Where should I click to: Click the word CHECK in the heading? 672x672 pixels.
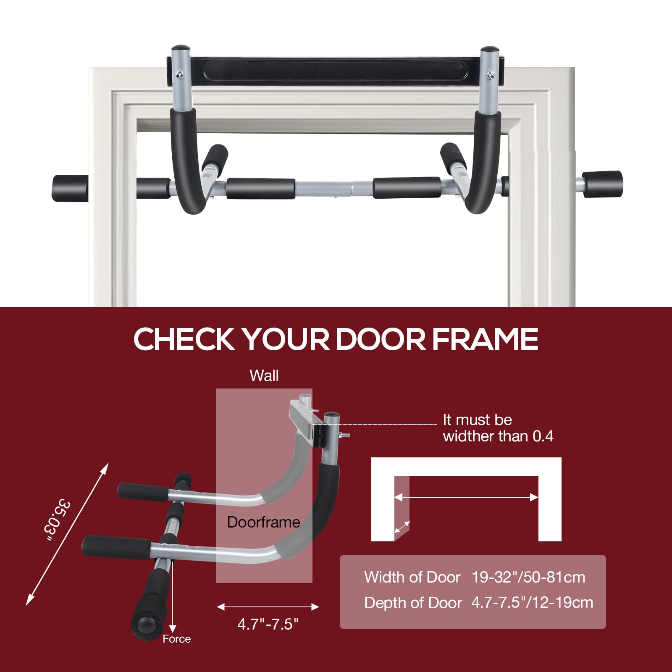tap(184, 339)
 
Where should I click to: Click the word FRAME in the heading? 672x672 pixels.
tap(485, 339)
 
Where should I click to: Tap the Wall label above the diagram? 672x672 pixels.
tap(264, 375)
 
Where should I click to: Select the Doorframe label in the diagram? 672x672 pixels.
tap(263, 522)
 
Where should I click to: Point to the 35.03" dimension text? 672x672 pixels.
tap(58, 520)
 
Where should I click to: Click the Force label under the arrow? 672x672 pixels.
tap(177, 639)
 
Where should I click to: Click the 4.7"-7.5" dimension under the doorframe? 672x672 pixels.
tap(268, 624)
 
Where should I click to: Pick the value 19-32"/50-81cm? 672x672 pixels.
tap(528, 577)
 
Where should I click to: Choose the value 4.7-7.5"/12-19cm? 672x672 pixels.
tap(532, 603)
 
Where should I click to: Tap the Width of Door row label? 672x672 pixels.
tap(412, 577)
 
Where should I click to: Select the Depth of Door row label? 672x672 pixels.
tap(413, 603)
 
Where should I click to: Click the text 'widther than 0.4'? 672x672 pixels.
tap(498, 436)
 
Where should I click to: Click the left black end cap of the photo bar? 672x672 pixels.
tap(70, 188)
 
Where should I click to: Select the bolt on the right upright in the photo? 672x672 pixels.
tap(490, 75)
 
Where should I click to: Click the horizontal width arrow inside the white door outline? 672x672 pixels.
tap(466, 497)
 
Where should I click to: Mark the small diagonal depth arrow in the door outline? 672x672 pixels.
tap(402, 527)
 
